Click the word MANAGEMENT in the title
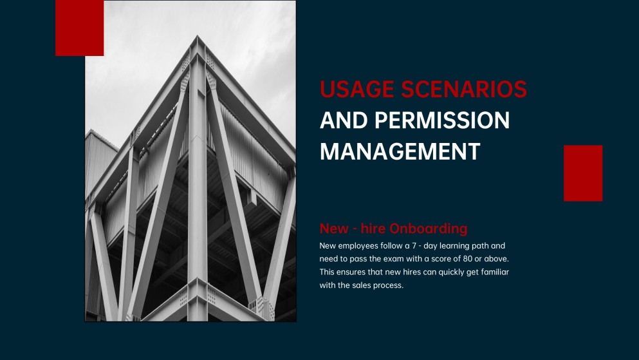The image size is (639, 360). [x=400, y=151]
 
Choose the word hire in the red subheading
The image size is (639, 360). [x=373, y=229]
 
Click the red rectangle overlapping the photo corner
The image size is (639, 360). [x=80, y=28]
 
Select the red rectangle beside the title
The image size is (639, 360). [x=583, y=173]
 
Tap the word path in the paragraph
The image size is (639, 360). [x=477, y=245]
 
